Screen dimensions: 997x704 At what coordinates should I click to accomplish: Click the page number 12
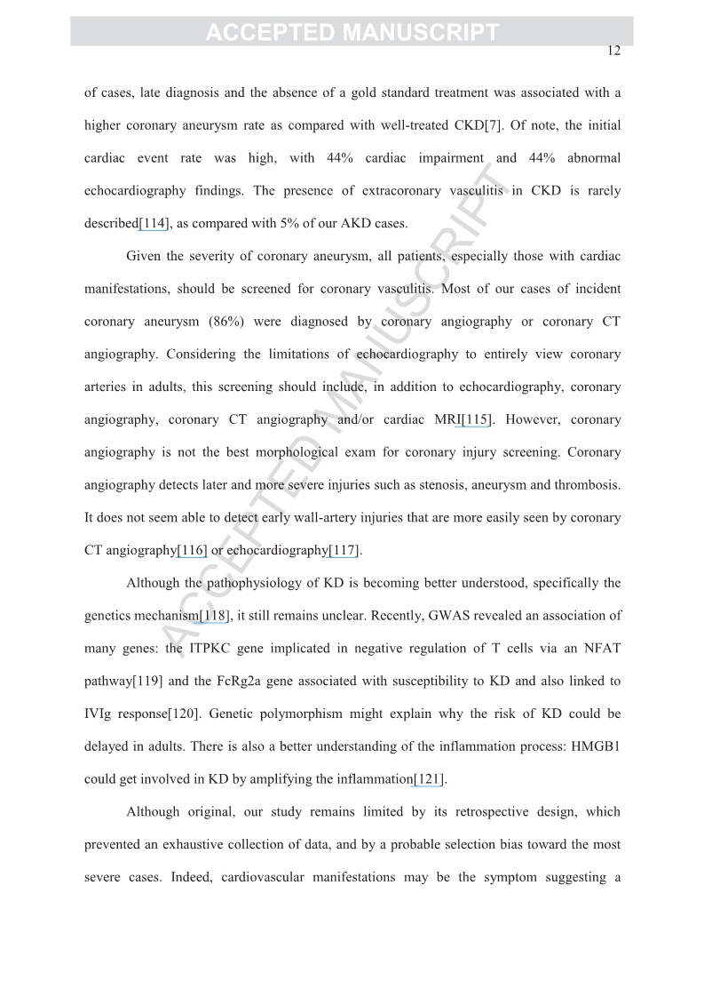[613, 51]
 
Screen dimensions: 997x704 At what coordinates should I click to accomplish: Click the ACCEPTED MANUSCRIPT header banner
[352, 33]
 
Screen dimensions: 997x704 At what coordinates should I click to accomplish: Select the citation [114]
[154, 224]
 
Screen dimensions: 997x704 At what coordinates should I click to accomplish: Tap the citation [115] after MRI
[478, 419]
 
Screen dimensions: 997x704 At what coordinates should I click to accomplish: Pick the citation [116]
[193, 550]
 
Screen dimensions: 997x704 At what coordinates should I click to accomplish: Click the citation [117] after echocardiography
[344, 550]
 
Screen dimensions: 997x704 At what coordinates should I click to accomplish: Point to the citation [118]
[215, 616]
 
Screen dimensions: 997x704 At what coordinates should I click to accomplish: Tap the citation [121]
[429, 779]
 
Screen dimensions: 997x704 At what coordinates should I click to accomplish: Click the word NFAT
[600, 648]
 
